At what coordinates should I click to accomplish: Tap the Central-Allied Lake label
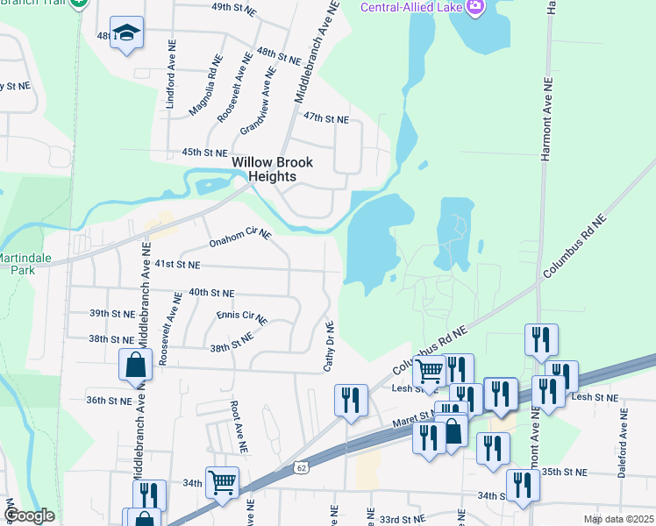click(x=412, y=8)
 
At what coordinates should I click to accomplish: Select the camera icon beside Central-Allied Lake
click(x=476, y=7)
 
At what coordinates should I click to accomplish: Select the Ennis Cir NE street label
click(x=240, y=316)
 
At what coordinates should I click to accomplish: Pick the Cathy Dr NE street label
click(x=330, y=344)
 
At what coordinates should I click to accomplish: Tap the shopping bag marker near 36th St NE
click(x=136, y=366)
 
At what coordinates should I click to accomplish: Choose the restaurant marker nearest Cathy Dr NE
click(x=351, y=401)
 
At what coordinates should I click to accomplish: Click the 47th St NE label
click(x=326, y=117)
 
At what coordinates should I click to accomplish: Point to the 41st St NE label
click(x=178, y=264)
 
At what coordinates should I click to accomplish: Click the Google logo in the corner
click(x=28, y=515)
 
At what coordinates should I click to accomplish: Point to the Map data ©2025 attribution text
click(x=617, y=519)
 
